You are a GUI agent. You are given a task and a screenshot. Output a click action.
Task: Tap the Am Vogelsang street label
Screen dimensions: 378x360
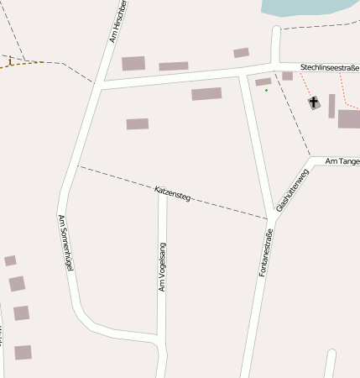pyautogui.click(x=163, y=267)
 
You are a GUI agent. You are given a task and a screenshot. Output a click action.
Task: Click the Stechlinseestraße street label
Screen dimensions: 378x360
pyautogui.click(x=329, y=66)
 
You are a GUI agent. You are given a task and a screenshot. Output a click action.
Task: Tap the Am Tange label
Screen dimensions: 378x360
pyautogui.click(x=342, y=160)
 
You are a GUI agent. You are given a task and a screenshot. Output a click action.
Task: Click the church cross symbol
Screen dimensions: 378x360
pyautogui.click(x=315, y=103)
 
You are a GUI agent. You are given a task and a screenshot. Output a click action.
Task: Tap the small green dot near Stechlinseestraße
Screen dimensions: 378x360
pyautogui.click(x=266, y=90)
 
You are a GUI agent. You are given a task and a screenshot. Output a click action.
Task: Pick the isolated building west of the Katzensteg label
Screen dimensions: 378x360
pyautogui.click(x=138, y=124)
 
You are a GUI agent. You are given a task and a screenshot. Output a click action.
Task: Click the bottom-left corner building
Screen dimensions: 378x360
pyautogui.click(x=23, y=352)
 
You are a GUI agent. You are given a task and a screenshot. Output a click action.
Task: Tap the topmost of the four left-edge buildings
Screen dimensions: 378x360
pyautogui.click(x=10, y=261)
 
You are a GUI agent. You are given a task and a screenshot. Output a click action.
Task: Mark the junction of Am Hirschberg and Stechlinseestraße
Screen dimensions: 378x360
pyautogui.click(x=101, y=85)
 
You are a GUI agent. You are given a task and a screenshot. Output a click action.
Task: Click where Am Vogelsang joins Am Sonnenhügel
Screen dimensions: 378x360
pyautogui.click(x=159, y=335)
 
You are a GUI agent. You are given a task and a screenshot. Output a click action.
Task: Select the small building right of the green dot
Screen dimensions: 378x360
pyautogui.click(x=287, y=76)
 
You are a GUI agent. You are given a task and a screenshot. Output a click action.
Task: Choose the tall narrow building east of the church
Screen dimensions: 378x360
pyautogui.click(x=331, y=106)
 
